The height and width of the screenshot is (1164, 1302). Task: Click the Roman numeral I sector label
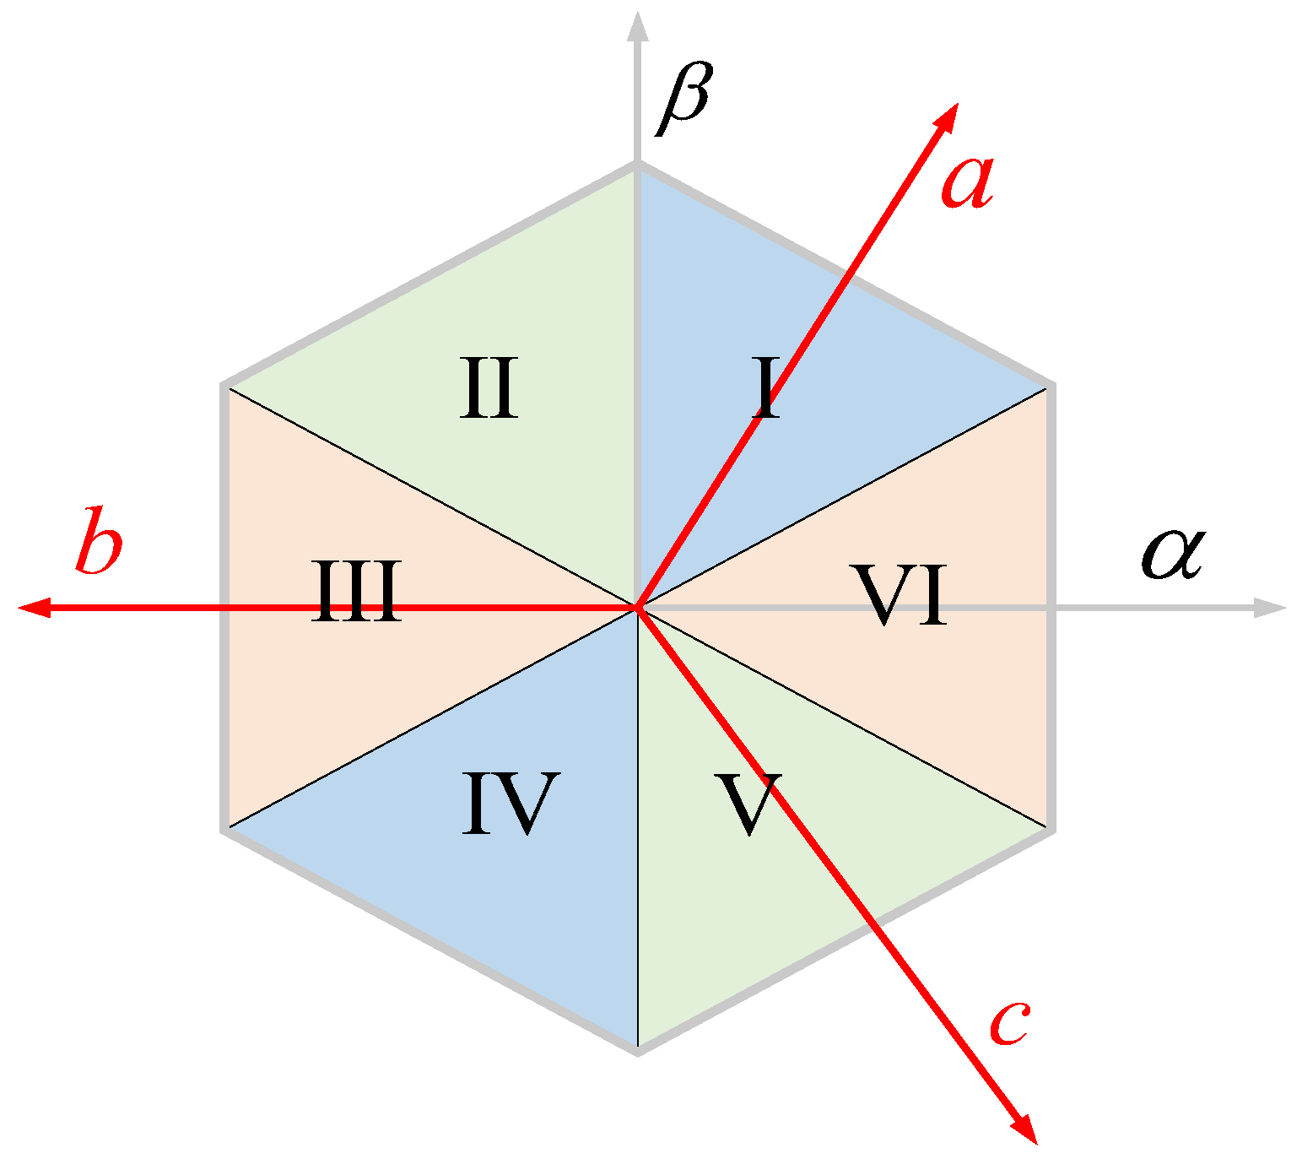tap(766, 389)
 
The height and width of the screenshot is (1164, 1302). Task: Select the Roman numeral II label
tap(489, 389)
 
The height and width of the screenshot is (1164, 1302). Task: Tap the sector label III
tap(356, 593)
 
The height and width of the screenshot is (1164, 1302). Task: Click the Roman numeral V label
tap(748, 804)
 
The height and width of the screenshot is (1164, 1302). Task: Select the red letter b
tap(99, 541)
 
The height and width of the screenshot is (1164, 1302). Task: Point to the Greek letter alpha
tap(1172, 554)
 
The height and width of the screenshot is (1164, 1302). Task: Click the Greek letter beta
tap(685, 99)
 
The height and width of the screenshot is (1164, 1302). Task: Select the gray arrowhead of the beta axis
tap(638, 25)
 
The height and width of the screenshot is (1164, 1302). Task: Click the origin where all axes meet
tap(638, 607)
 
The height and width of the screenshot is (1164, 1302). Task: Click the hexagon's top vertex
tap(638, 165)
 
